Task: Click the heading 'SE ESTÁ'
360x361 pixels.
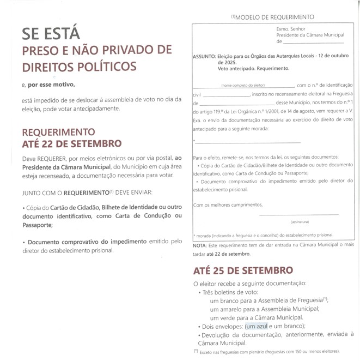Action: point(51,34)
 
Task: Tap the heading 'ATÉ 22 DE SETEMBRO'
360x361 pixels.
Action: point(71,144)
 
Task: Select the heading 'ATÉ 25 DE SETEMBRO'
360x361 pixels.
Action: point(243,270)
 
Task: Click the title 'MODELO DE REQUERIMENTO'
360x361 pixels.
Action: point(274,17)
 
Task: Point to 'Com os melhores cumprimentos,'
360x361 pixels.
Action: point(228,205)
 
